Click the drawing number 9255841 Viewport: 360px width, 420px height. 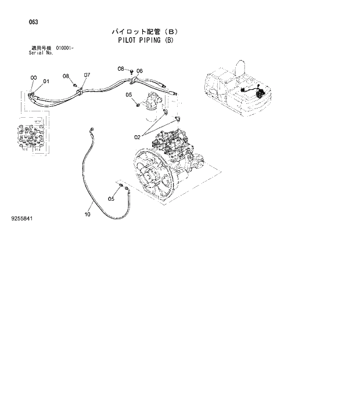click(21, 219)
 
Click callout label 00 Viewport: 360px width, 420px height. click(33, 77)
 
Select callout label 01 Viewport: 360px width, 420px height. click(46, 81)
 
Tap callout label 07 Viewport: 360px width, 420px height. click(87, 75)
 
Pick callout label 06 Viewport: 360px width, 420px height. click(139, 71)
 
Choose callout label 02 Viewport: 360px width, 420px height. click(138, 137)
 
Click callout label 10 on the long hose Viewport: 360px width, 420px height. click(88, 214)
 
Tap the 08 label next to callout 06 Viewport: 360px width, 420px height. click(121, 68)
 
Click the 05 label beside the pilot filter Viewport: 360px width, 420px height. click(129, 95)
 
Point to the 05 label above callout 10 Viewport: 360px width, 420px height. click(111, 200)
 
